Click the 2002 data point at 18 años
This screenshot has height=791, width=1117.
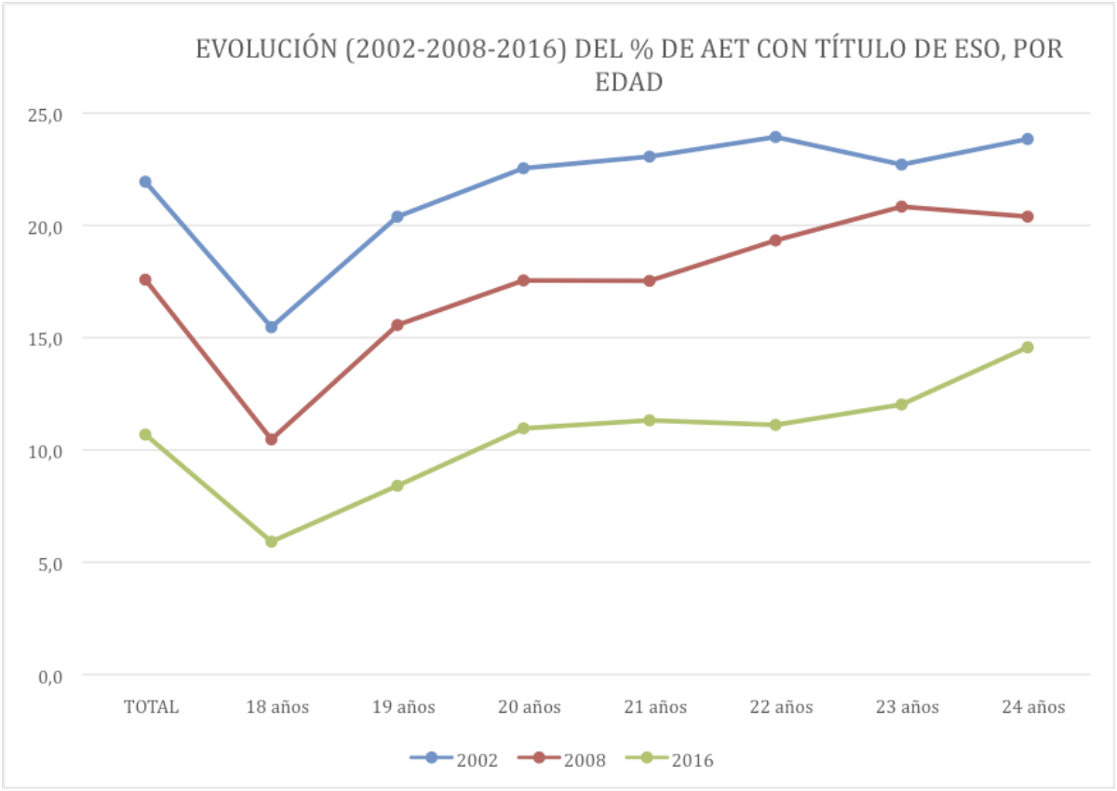click(271, 327)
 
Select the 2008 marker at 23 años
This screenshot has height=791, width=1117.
click(901, 207)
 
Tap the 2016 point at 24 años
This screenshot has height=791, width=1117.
click(1028, 348)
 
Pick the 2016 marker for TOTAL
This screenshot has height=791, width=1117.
click(145, 434)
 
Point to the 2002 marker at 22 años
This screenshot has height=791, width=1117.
click(775, 137)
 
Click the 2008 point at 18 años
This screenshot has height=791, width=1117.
click(271, 439)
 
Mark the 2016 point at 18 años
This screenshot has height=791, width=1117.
click(271, 541)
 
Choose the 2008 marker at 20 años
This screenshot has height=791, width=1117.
click(523, 280)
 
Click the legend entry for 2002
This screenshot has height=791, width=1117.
click(454, 759)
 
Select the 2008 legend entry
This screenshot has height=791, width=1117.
click(561, 759)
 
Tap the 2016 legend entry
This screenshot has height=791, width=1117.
click(669, 759)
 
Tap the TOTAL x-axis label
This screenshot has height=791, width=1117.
click(151, 707)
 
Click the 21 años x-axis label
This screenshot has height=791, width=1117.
click(655, 707)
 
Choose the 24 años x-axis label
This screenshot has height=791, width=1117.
click(1033, 707)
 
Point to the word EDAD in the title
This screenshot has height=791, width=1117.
click(628, 82)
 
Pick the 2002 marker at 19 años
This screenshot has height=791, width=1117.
click(397, 217)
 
